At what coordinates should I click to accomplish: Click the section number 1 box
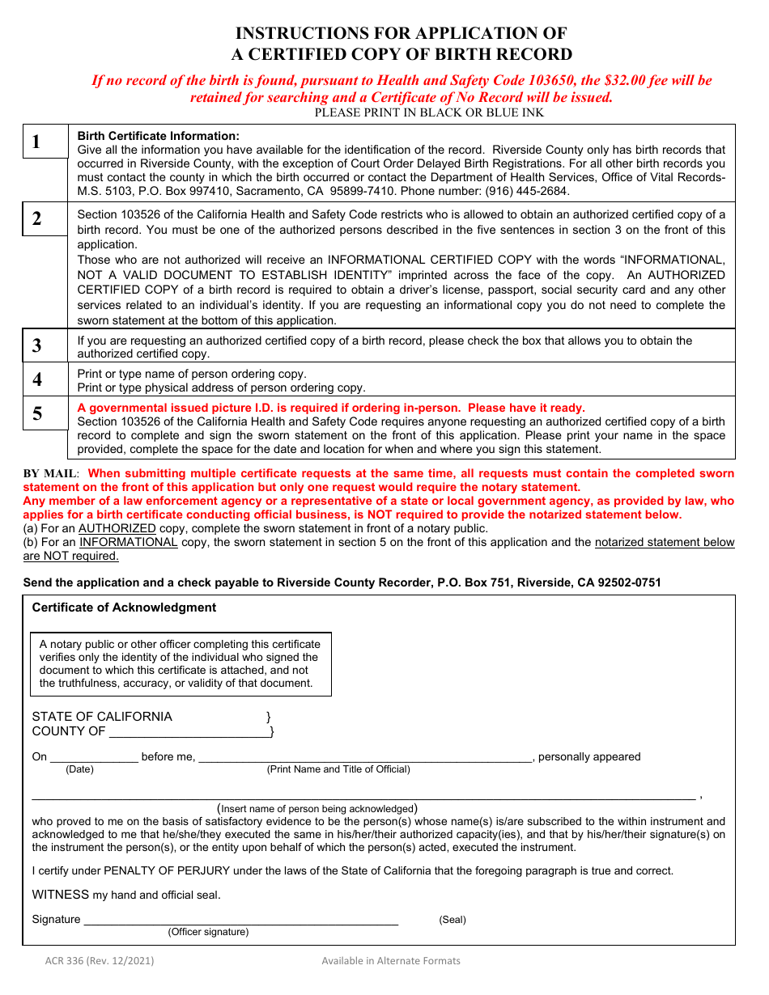(45, 142)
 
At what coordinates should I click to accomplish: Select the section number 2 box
(45, 218)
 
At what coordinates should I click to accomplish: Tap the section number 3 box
(45, 346)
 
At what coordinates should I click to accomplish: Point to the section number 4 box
(45, 379)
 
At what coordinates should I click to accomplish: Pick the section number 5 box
(45, 413)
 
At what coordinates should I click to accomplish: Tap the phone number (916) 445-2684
(526, 192)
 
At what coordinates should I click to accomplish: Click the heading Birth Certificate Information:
(158, 136)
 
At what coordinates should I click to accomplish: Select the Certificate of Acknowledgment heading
(124, 608)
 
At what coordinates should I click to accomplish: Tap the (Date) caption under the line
(79, 769)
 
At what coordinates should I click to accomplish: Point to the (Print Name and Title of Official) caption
(338, 769)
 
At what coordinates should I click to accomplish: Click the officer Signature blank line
(240, 919)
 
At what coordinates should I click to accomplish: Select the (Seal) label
(452, 920)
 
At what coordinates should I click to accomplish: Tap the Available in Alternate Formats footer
(390, 961)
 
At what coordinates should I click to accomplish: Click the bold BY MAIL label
(50, 474)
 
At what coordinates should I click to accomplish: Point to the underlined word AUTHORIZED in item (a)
(117, 528)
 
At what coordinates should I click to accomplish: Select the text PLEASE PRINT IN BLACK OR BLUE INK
(429, 112)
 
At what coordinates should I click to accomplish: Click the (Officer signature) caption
(208, 932)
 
